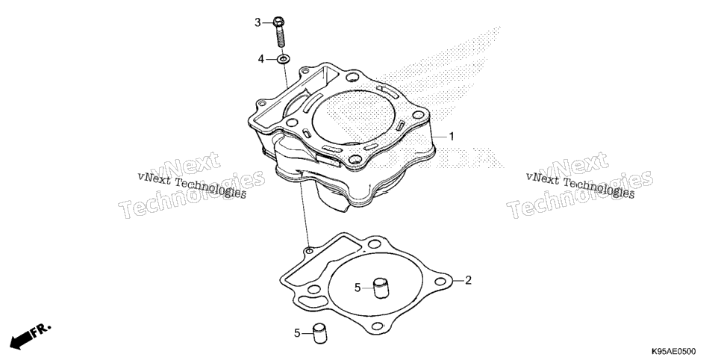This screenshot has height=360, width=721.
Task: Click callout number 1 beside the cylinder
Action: coord(452,136)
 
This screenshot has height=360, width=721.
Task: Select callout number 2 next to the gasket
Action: coord(468,280)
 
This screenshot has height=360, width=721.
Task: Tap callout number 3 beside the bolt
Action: coord(258,22)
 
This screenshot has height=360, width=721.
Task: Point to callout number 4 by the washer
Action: coord(261,59)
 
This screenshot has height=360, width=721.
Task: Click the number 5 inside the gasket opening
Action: coord(358,288)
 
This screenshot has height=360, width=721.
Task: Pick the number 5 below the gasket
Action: coord(297,332)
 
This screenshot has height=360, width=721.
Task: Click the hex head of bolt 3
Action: coord(278,21)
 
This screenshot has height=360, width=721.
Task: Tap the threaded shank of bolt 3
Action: coord(281,36)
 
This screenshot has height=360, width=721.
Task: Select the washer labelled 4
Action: coord(284,59)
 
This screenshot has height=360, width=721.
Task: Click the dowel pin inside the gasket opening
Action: coord(381,288)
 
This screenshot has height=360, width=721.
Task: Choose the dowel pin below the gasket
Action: coord(319,333)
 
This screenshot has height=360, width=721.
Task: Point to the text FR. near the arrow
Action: coord(41,329)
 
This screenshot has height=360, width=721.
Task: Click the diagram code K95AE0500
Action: coord(672,352)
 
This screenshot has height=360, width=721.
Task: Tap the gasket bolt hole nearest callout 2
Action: coord(440,280)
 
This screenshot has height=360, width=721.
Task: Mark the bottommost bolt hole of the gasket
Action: coord(377,326)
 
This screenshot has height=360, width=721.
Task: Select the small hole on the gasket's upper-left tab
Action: coord(310,251)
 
